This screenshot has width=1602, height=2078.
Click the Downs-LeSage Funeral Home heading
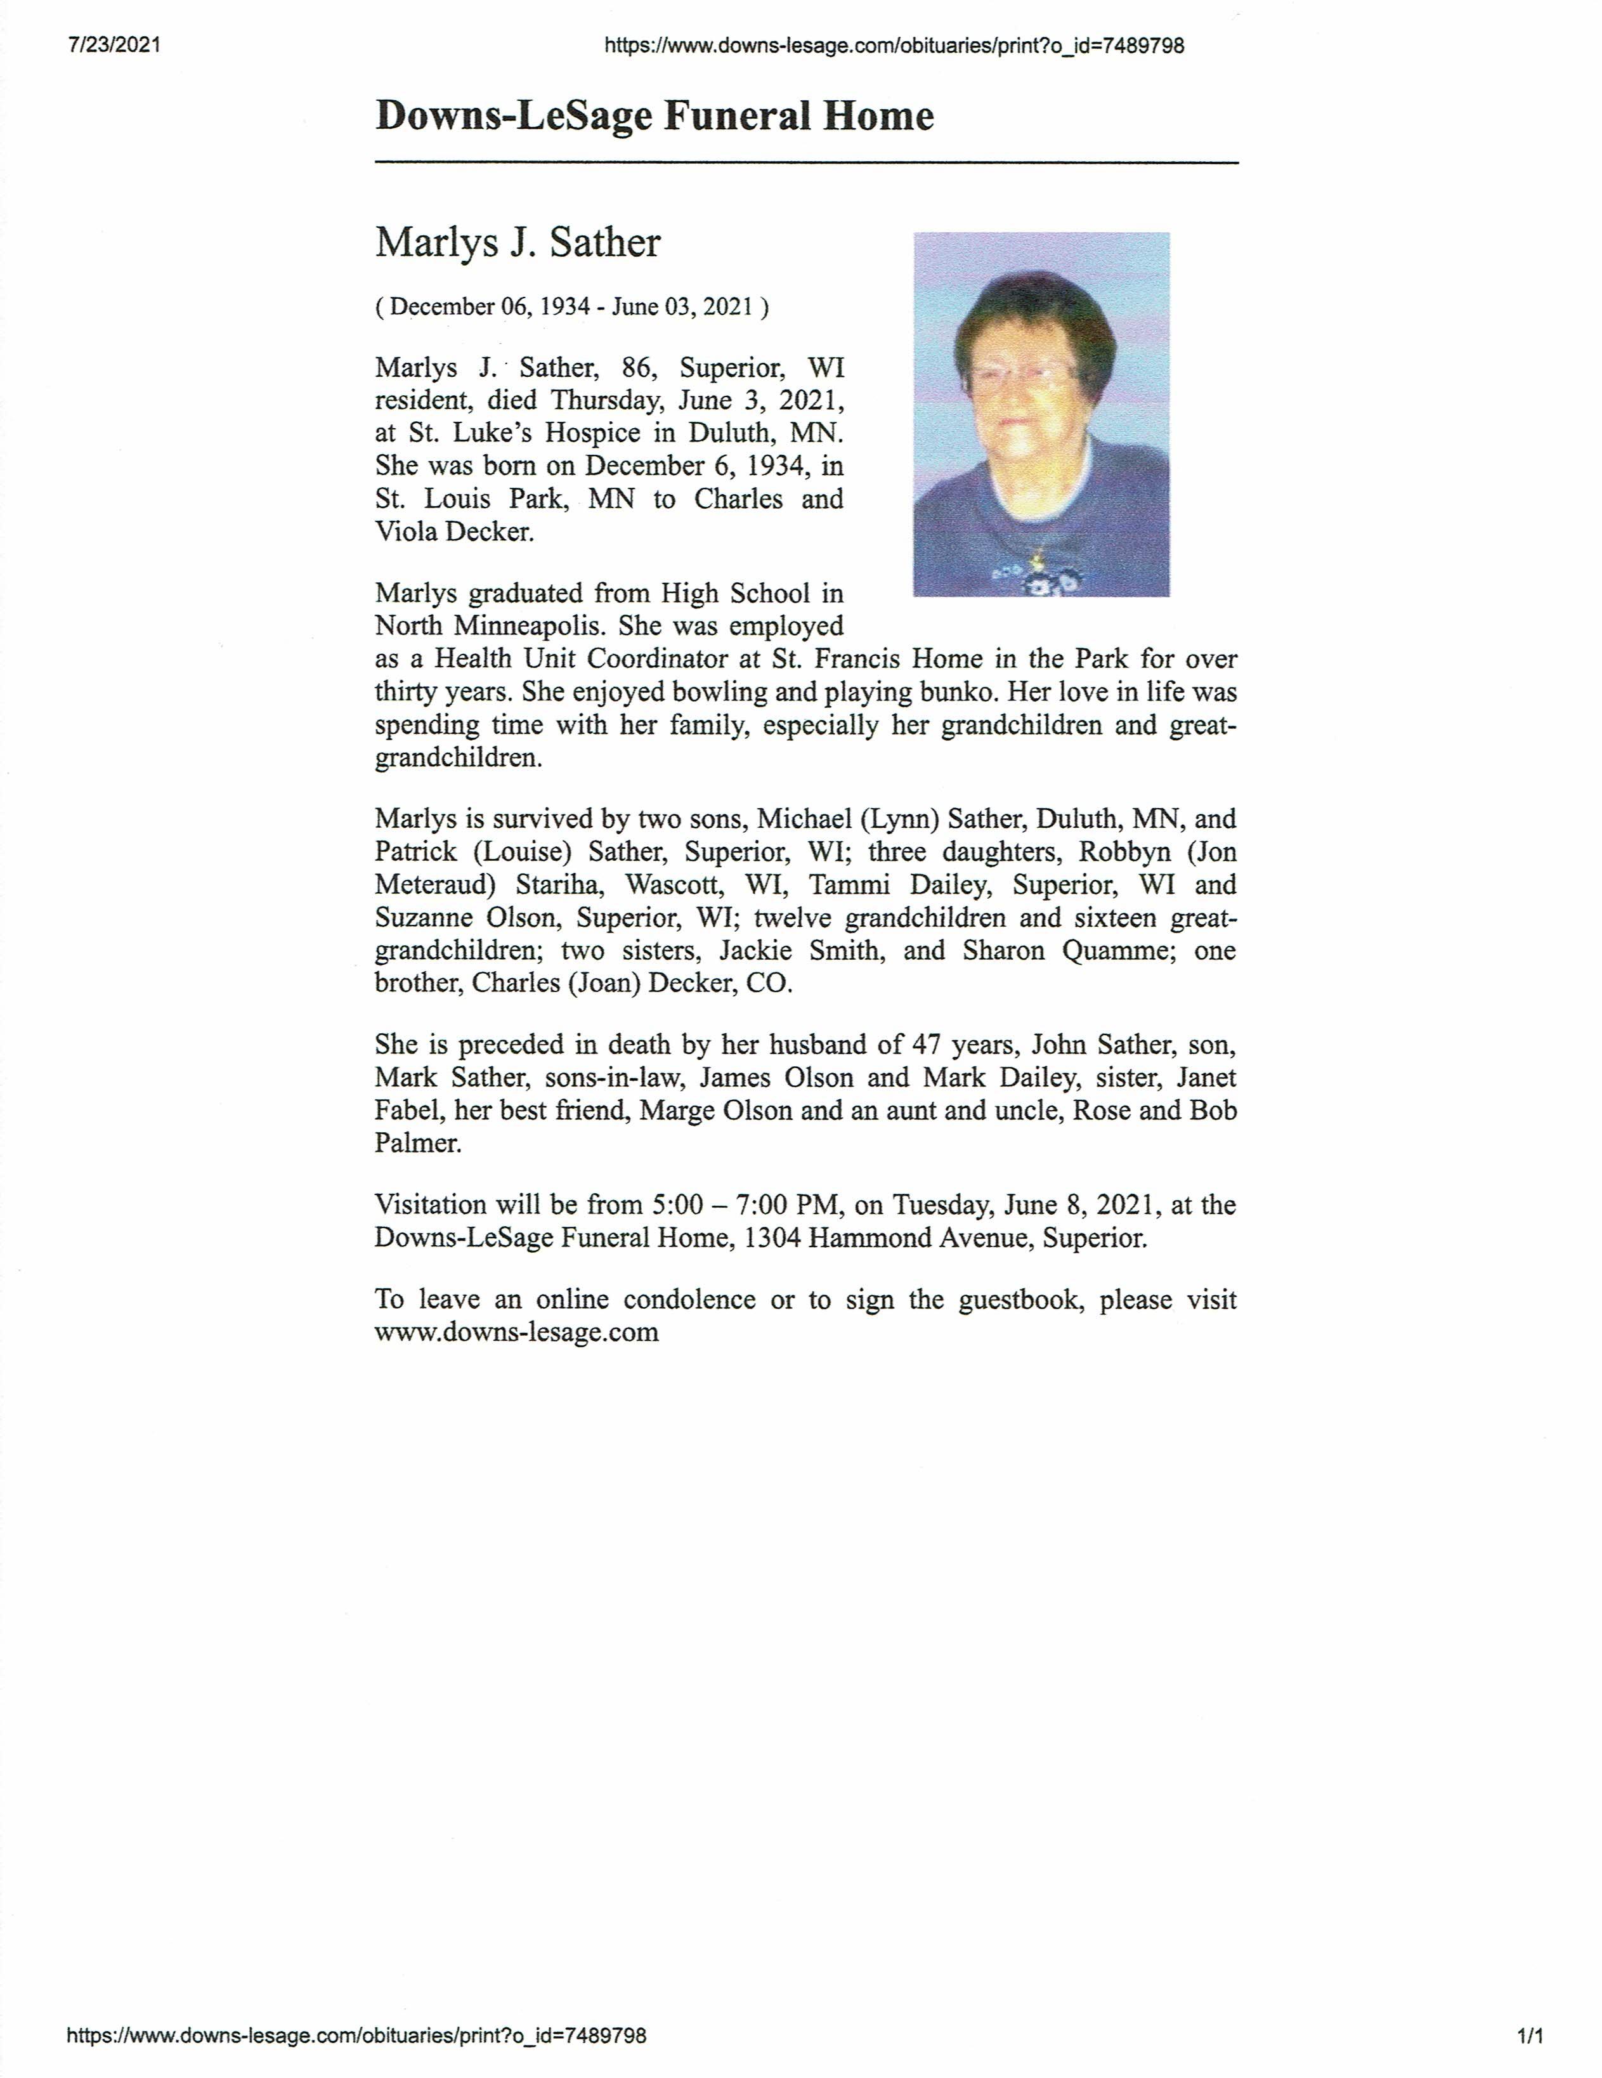pyautogui.click(x=654, y=116)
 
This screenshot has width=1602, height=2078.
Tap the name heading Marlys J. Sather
pyautogui.click(x=518, y=242)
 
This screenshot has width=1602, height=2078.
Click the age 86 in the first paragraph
pyautogui.click(x=637, y=367)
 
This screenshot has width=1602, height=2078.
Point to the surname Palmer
pyautogui.click(x=417, y=1143)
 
